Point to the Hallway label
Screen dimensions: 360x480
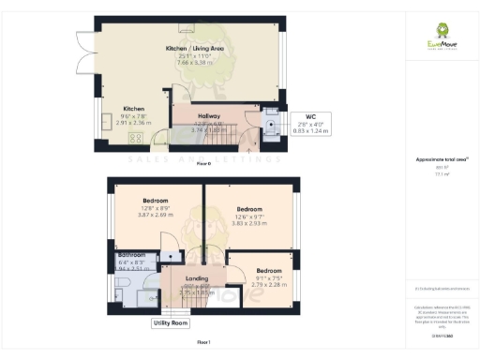coord(209,116)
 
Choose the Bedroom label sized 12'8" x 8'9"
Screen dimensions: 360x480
coord(157,201)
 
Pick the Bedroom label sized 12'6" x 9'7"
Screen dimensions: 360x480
coord(249,209)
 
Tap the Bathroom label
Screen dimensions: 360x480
coord(132,255)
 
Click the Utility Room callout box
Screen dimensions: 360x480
coord(171,323)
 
